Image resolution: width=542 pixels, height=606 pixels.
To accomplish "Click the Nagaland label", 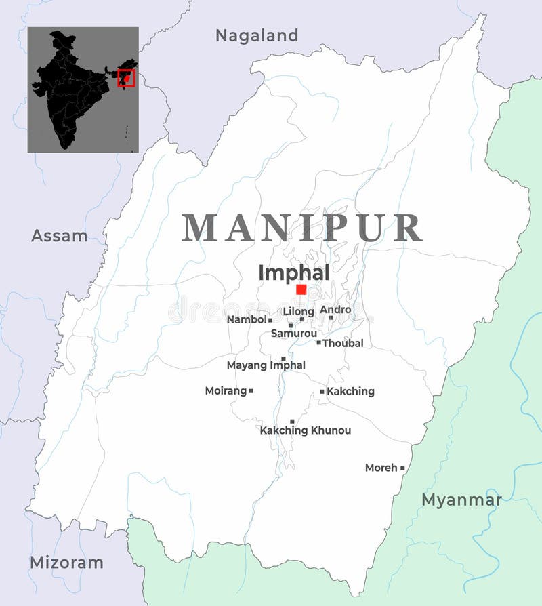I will (256, 35).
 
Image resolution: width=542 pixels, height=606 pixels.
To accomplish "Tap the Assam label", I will (60, 236).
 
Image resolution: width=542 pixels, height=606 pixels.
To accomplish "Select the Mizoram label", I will (66, 562).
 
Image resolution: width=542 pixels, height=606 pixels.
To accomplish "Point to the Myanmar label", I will (462, 500).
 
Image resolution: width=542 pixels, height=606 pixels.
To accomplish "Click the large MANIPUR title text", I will (302, 228).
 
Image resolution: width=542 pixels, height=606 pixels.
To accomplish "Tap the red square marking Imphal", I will (301, 289).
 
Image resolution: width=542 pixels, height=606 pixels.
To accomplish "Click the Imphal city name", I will (294, 272).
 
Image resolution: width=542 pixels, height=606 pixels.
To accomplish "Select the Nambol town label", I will (247, 319).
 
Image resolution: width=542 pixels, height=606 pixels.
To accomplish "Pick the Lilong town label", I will (298, 311).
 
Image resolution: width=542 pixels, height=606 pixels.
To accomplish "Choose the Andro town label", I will (335, 310).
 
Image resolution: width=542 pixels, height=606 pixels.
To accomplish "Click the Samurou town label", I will (294, 334).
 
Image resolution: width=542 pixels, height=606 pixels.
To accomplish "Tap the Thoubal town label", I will (343, 343).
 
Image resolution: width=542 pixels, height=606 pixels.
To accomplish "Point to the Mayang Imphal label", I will (266, 365).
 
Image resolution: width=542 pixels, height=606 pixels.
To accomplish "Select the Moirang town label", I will (226, 391).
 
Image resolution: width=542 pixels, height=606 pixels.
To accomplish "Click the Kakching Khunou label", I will (306, 430).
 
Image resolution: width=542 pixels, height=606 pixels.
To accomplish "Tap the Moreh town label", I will (381, 468).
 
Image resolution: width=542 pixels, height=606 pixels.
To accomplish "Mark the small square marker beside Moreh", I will (402, 468).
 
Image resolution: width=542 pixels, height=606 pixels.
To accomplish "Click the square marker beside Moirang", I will (251, 390).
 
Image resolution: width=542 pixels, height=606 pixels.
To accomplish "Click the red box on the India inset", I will (127, 78).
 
